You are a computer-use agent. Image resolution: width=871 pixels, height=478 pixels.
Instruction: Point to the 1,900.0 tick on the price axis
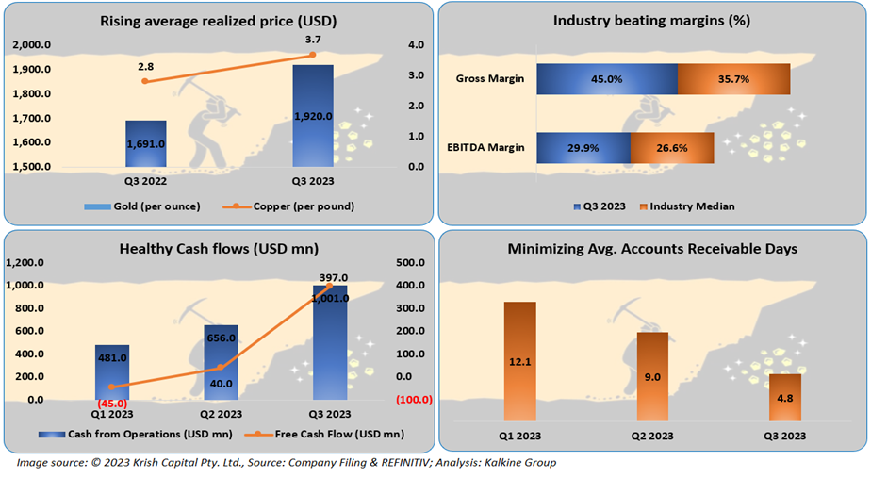33,70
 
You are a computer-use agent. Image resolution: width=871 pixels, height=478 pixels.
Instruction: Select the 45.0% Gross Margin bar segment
606,79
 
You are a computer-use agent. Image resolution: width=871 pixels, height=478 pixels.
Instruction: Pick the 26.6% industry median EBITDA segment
671,148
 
